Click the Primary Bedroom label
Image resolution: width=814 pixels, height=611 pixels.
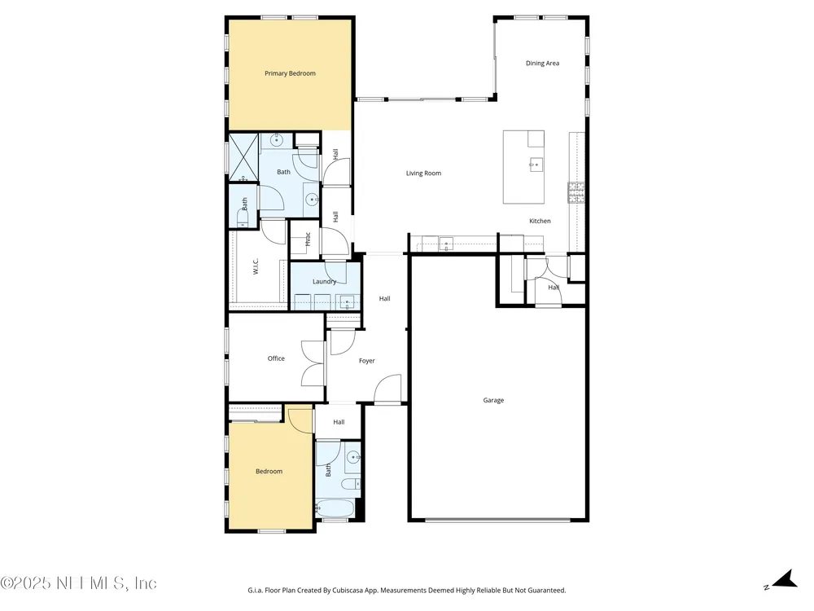(290, 73)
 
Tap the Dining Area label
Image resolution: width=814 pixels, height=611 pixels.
(542, 64)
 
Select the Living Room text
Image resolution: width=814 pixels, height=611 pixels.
(423, 174)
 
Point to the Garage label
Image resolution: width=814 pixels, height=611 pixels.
(493, 400)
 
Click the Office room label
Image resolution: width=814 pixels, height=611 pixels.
(276, 358)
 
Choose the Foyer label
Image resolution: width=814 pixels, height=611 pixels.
(367, 361)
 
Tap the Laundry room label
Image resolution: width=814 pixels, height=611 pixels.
(325, 282)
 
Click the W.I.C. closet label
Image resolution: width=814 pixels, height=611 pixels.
(256, 266)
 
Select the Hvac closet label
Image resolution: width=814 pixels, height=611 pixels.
(308, 239)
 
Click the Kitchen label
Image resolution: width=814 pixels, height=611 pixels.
(540, 221)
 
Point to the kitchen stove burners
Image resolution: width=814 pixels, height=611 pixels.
(576, 193)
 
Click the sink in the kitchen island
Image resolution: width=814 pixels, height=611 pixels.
(536, 165)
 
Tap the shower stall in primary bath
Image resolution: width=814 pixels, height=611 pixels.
(243, 158)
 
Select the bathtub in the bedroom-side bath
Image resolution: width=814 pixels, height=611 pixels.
(335, 508)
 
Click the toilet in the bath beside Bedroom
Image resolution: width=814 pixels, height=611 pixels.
(351, 484)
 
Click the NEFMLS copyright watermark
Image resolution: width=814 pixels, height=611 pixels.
(78, 583)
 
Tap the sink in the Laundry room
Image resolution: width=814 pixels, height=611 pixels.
(348, 302)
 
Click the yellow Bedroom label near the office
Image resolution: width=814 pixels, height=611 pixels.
(269, 471)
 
